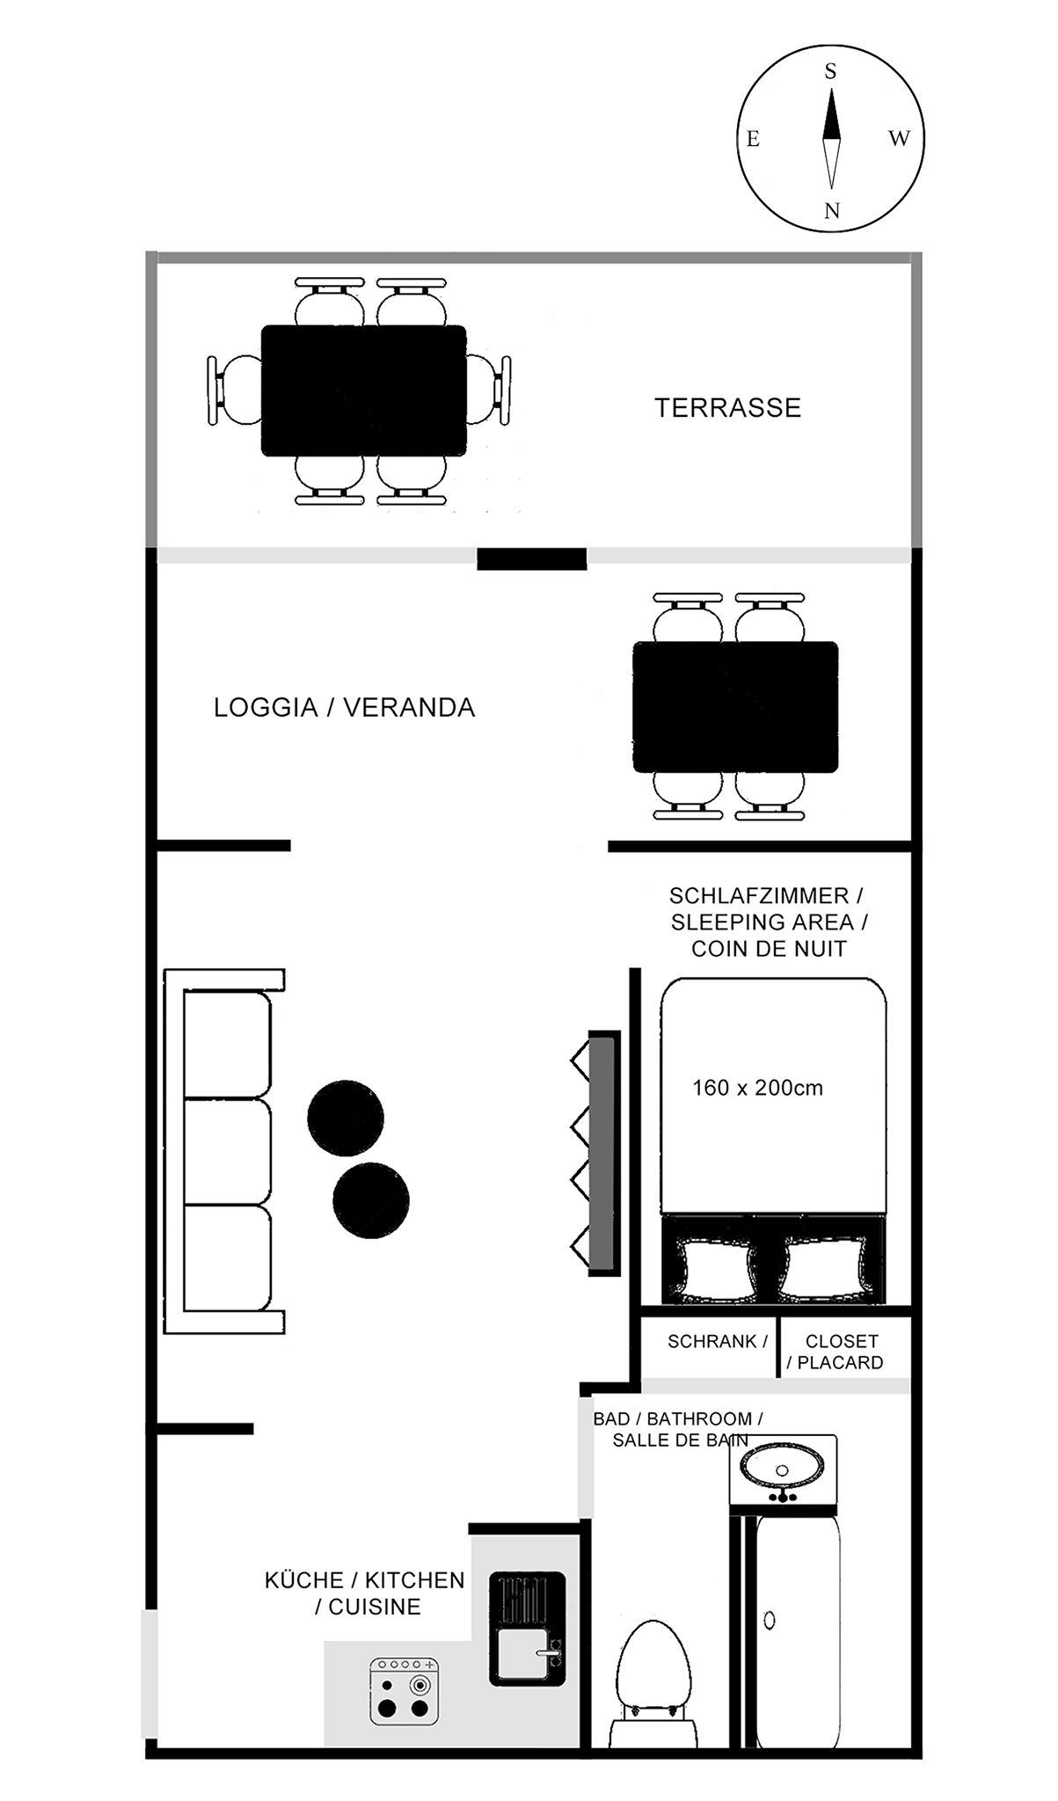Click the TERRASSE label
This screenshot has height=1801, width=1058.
click(x=727, y=408)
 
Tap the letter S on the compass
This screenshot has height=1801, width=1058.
click(x=830, y=72)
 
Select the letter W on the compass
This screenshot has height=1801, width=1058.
click(x=899, y=138)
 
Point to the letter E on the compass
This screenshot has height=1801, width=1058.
click(x=753, y=139)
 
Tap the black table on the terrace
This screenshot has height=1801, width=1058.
click(x=364, y=390)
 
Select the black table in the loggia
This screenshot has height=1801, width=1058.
click(x=735, y=707)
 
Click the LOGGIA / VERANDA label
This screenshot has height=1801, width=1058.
click(x=344, y=708)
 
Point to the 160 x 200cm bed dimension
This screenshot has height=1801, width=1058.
click(x=757, y=1088)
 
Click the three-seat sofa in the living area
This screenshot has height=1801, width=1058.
click(x=224, y=1151)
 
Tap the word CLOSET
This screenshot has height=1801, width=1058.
click(x=842, y=1341)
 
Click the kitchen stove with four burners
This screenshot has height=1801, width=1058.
click(x=404, y=1691)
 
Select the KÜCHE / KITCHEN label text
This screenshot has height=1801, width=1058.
click(x=364, y=1580)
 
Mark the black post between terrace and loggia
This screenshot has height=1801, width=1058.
click(x=531, y=558)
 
